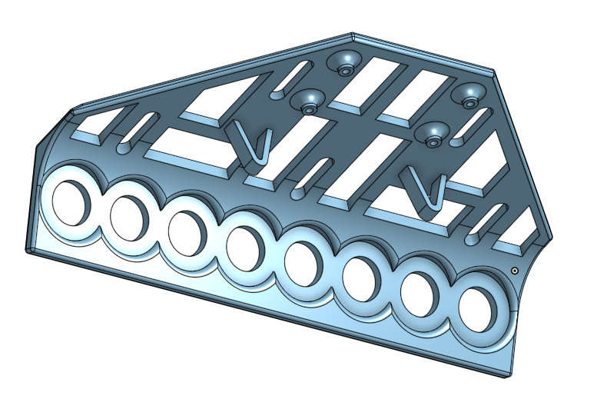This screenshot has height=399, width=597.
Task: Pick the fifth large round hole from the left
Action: [303, 261]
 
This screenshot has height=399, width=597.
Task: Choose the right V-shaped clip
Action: [427, 192]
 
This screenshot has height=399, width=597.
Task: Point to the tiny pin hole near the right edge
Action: [514, 271]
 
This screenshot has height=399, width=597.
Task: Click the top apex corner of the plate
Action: [352, 34]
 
